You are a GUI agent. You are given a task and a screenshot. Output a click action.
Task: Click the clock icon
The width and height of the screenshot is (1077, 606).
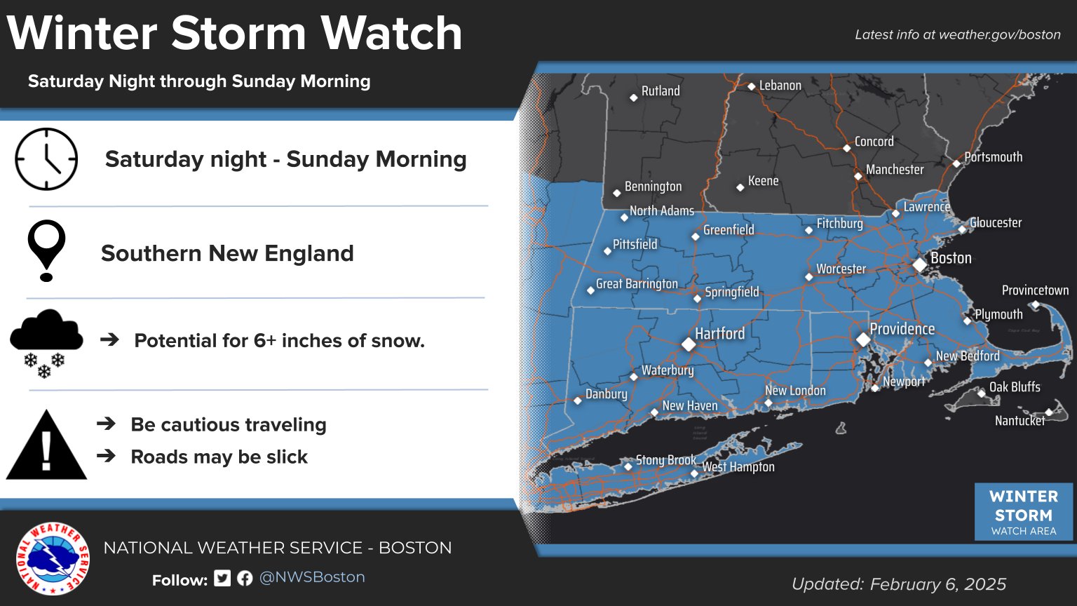(x=46, y=159)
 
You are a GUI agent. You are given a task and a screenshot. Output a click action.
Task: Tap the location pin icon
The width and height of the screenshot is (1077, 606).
(x=46, y=250)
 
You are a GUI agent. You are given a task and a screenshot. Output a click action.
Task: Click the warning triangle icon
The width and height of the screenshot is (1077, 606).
(x=46, y=446)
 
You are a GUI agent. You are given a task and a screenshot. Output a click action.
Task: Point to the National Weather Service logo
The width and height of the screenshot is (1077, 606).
(x=53, y=558)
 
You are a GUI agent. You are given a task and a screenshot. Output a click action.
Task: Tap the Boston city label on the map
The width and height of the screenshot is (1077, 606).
(x=951, y=258)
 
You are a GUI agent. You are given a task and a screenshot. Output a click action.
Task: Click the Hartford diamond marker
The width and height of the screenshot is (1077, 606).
(x=689, y=344)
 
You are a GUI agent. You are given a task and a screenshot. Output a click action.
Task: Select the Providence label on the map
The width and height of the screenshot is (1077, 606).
(x=902, y=329)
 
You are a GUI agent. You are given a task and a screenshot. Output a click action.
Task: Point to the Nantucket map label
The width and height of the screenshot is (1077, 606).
(x=1020, y=421)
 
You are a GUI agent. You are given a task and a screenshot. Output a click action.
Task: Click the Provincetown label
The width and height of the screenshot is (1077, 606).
(x=1035, y=290)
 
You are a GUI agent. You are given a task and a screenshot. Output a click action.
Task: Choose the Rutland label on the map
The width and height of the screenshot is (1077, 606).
(x=661, y=91)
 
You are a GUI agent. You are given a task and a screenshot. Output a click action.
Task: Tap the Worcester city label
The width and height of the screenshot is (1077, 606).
(x=841, y=269)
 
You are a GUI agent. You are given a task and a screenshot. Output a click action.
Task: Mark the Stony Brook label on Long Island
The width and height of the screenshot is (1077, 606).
(x=665, y=460)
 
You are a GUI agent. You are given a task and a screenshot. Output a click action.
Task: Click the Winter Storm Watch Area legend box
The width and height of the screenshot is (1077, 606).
(x=1023, y=512)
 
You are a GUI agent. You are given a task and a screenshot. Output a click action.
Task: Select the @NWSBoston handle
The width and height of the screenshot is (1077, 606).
(x=312, y=577)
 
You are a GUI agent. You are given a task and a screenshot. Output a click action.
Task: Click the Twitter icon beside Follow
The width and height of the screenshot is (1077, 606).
(x=222, y=578)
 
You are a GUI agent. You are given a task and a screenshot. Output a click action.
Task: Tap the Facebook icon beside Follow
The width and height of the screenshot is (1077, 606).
(x=245, y=578)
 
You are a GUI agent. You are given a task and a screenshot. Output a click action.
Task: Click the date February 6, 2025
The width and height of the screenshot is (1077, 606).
(x=937, y=584)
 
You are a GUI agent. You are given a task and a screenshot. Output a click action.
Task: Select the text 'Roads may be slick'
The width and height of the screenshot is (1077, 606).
(x=219, y=457)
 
